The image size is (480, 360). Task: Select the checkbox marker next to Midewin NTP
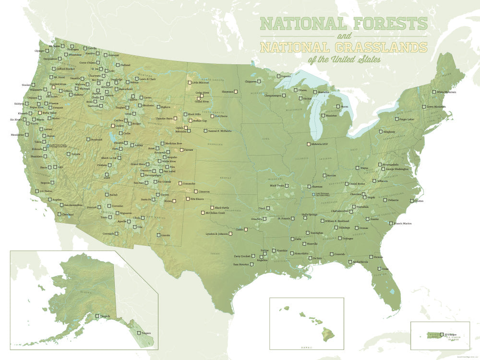point(309,144)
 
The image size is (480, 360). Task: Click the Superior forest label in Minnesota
point(286,76)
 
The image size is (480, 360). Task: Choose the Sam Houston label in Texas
point(241,264)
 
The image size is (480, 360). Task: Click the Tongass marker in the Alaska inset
point(139,333)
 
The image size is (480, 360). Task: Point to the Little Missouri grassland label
point(202,83)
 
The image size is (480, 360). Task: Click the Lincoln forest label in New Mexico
point(166,235)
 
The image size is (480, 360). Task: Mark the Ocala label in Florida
point(385,269)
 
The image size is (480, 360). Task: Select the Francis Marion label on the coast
point(403,223)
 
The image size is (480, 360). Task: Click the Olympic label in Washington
point(39,50)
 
